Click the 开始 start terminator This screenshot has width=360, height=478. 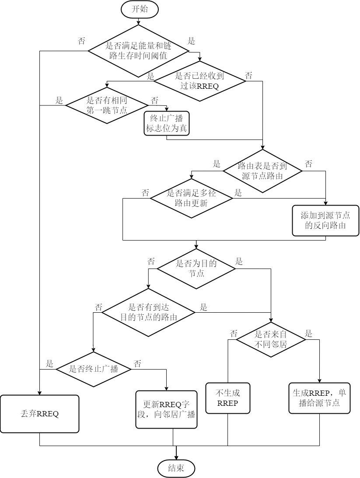[140, 9]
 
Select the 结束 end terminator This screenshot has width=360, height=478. [176, 468]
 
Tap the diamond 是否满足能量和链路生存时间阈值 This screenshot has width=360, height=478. [138, 50]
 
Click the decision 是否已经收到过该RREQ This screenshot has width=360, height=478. [199, 81]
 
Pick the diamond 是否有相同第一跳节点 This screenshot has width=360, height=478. [107, 105]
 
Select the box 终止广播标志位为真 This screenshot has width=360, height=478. [167, 123]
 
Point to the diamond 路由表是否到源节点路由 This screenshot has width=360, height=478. [262, 171]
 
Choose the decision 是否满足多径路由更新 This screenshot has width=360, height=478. [191, 198]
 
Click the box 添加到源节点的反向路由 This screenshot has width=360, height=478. [325, 220]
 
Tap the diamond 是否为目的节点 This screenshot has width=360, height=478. [196, 269]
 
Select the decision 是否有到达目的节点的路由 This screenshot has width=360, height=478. [148, 312]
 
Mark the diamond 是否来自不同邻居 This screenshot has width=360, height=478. [271, 339]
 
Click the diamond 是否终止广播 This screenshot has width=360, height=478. [94, 369]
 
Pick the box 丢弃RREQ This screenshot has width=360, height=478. [40, 414]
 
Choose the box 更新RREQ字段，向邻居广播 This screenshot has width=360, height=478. [166, 409]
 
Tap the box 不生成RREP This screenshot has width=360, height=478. [228, 398]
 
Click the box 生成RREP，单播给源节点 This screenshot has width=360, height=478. [319, 398]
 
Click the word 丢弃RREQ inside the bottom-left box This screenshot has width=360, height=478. [40, 414]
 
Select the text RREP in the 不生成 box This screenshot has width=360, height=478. [227, 403]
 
